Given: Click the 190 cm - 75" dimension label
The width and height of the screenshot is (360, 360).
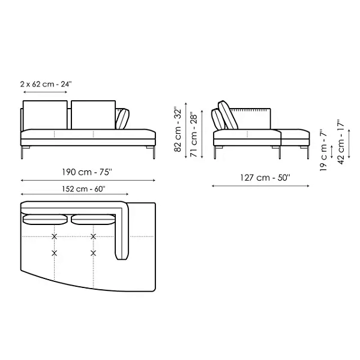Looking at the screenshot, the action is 87,172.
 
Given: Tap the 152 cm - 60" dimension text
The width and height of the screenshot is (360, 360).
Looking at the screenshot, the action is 83,189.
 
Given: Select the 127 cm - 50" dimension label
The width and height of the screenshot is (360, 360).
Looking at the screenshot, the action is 265,178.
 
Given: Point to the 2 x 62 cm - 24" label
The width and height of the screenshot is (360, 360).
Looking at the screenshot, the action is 46,84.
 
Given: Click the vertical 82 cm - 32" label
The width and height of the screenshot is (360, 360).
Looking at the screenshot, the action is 178,129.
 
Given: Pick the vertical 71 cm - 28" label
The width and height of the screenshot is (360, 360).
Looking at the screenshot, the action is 194,134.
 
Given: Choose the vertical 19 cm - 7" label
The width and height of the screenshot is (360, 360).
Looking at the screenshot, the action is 323,149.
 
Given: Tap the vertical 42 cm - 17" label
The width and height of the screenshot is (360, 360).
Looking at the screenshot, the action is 341,142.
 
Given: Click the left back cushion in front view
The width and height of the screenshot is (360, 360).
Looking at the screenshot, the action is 45,115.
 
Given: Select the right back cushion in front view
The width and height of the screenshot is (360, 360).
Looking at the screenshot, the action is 93,115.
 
